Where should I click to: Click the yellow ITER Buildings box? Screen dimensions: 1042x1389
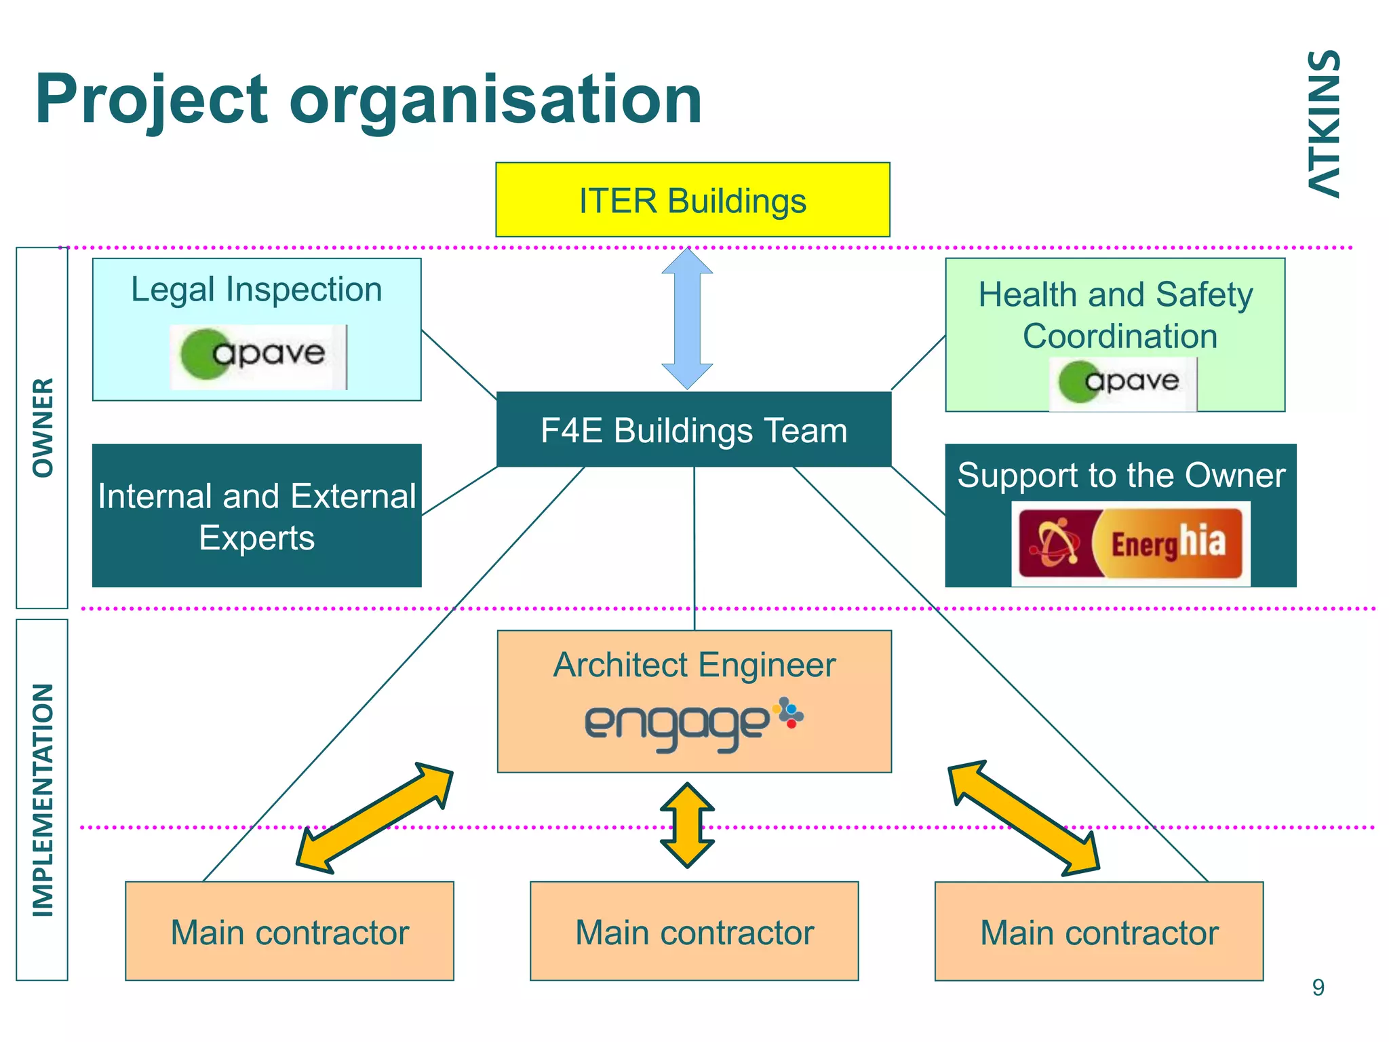pyautogui.click(x=692, y=200)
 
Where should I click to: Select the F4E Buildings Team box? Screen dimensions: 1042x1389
pyautogui.click(x=694, y=430)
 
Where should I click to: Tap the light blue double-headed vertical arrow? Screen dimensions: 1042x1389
pyautogui.click(x=687, y=319)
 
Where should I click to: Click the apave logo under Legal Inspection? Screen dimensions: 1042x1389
pyautogui.click(x=258, y=357)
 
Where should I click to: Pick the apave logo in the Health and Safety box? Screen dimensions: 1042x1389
pyautogui.click(x=1122, y=383)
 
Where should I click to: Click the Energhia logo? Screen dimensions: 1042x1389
pyautogui.click(x=1131, y=543)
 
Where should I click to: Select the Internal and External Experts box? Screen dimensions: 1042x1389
pyautogui.click(x=257, y=516)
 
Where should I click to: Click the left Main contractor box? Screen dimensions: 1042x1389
pyautogui.click(x=290, y=931)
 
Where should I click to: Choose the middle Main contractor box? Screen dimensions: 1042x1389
pyautogui.click(x=694, y=931)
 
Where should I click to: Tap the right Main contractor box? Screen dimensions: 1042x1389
pyautogui.click(x=1099, y=931)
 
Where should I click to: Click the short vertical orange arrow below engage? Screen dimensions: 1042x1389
pyautogui.click(x=688, y=826)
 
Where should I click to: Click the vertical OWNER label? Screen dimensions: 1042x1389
pyautogui.click(x=43, y=428)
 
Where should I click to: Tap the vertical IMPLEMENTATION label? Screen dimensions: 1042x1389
pyautogui.click(x=43, y=800)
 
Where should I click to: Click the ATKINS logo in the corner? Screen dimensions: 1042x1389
pyautogui.click(x=1323, y=124)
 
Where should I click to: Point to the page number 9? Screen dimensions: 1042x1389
pyautogui.click(x=1318, y=988)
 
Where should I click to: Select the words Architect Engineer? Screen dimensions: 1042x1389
pyautogui.click(x=694, y=665)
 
